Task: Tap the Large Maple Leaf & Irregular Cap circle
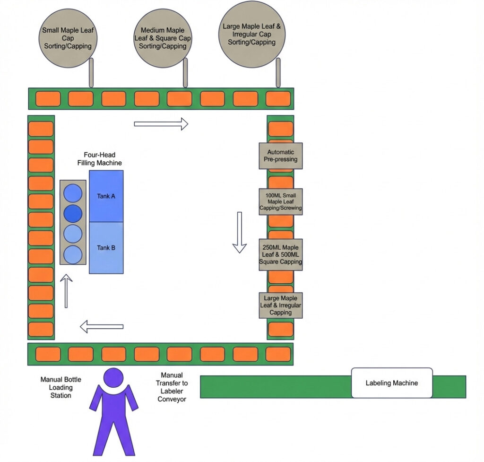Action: pos(251,34)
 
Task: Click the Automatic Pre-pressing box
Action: pos(280,156)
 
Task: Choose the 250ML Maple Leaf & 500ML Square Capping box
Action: pos(280,254)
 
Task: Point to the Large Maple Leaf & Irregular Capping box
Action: pos(280,305)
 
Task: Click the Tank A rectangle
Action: pos(106,196)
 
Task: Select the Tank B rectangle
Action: pos(106,248)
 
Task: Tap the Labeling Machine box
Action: pos(391,383)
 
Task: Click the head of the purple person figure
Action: pos(113,378)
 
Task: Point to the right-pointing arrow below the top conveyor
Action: pos(161,124)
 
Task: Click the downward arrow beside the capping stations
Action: pos(240,232)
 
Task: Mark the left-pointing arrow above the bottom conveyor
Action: pos(102,326)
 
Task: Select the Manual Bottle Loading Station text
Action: pos(60,387)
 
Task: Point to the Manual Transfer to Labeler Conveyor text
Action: pos(172,387)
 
